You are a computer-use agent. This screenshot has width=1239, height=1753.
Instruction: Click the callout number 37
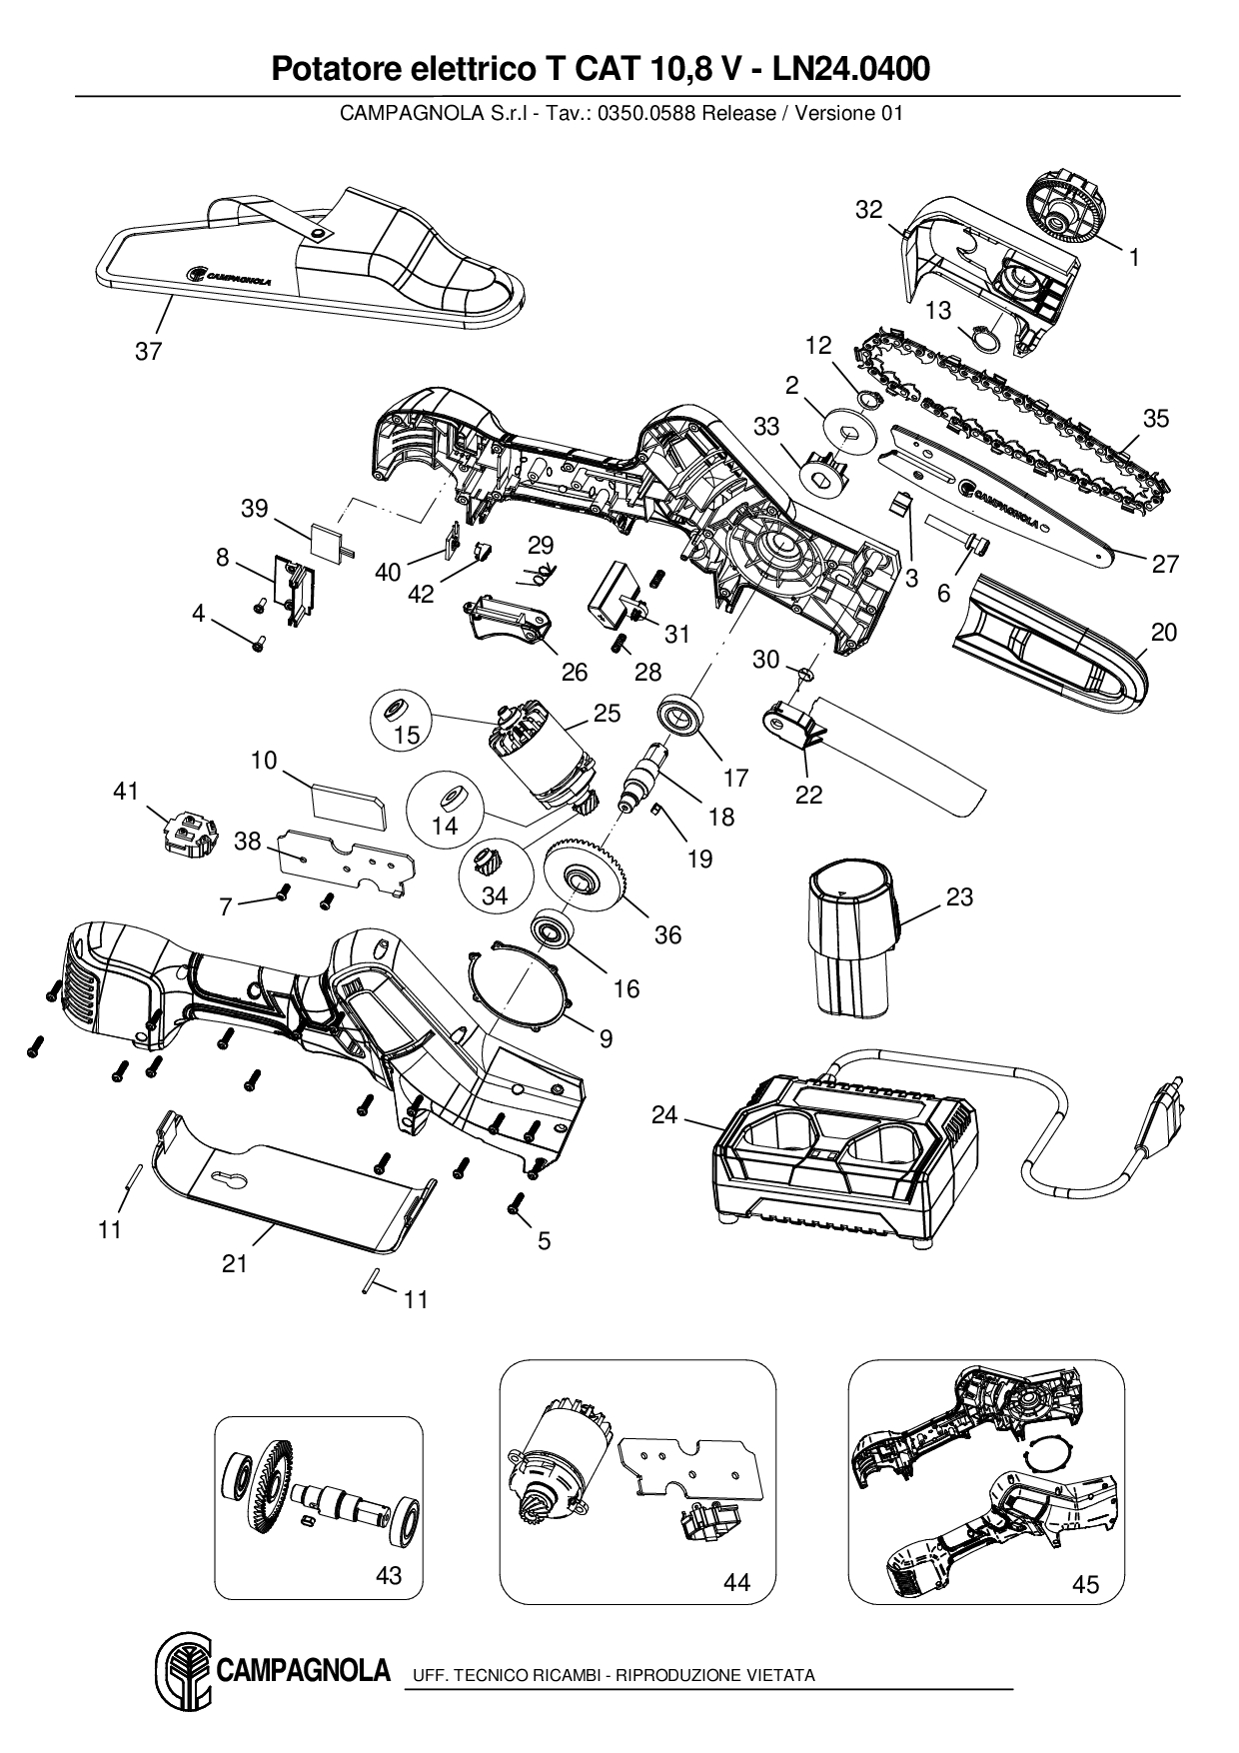coord(148,352)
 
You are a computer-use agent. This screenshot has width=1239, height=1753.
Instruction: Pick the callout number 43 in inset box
coord(388,1575)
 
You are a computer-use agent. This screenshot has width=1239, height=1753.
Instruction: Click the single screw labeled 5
coord(518,1205)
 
